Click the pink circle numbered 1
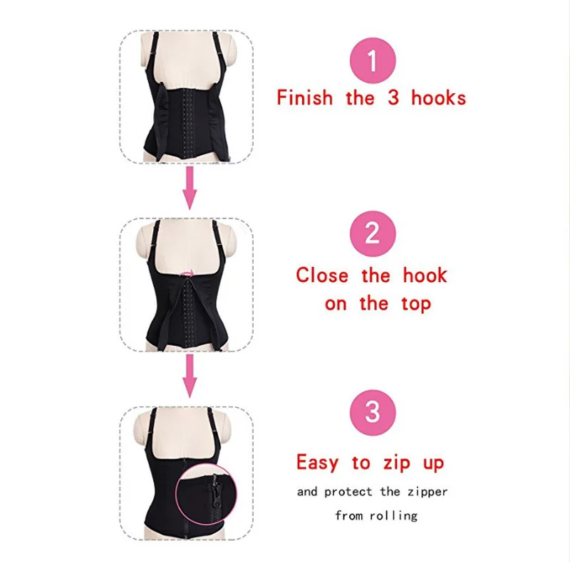(372, 62)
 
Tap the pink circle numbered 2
(372, 232)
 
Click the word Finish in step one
(305, 97)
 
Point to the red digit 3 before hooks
(393, 97)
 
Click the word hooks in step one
(438, 97)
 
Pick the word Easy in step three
(317, 463)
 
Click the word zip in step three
(390, 463)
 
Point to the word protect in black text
(349, 492)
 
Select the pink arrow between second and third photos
(189, 375)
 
